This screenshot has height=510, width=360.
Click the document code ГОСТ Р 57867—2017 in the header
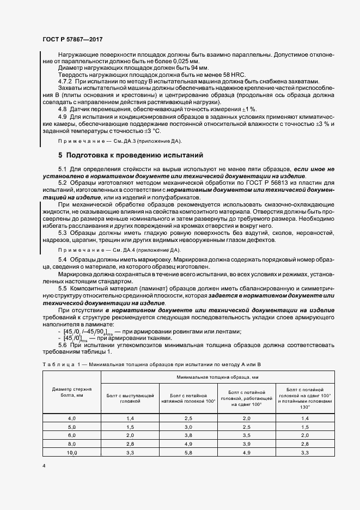pos(72,40)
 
